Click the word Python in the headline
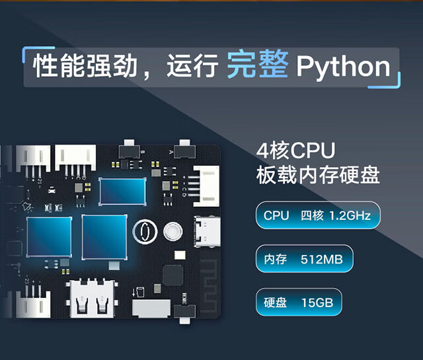pyautogui.click(x=343, y=67)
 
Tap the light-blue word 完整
pyautogui.click(x=257, y=66)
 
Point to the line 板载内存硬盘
pyautogui.click(x=318, y=176)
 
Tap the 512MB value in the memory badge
pyautogui.click(x=321, y=259)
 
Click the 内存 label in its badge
pyautogui.click(x=275, y=259)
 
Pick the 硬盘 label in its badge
pyautogui.click(x=275, y=303)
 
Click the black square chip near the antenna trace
pyautogui.click(x=174, y=277)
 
